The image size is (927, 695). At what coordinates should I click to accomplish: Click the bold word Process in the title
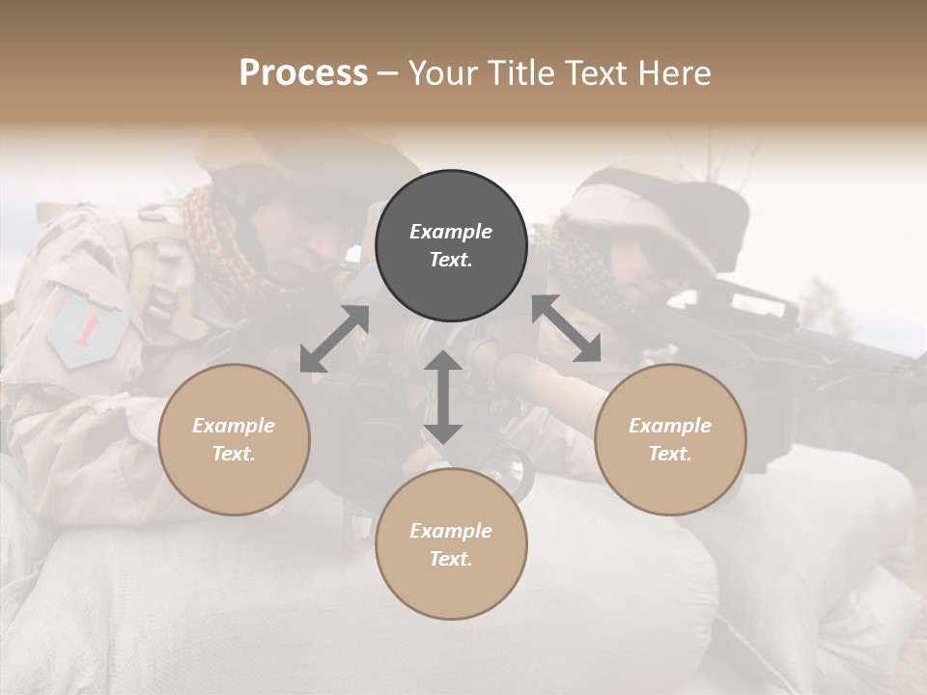(303, 73)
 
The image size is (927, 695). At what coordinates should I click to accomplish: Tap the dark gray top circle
(451, 245)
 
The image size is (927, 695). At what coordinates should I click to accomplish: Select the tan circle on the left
(234, 439)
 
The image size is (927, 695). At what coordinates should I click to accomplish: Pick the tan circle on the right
(669, 439)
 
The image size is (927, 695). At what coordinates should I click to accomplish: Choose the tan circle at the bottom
(451, 544)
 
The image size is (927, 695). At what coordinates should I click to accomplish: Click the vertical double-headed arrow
(443, 397)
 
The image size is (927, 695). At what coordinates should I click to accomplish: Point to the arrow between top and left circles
(334, 338)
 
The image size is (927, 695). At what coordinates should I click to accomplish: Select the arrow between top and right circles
(567, 329)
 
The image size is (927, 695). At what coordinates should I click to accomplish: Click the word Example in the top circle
(451, 232)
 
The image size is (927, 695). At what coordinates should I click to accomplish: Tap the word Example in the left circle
(234, 426)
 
